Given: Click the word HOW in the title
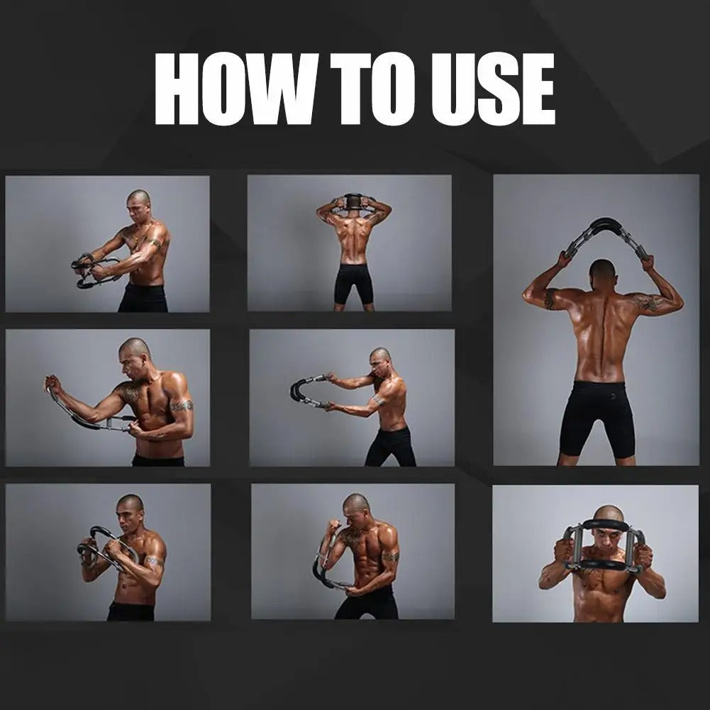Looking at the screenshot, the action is click(x=234, y=89).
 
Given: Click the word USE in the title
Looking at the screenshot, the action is click(x=493, y=89).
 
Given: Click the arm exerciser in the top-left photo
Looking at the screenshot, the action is click(x=94, y=271).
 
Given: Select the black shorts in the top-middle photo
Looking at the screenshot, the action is click(x=354, y=284).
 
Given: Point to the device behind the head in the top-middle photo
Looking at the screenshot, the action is click(x=353, y=200).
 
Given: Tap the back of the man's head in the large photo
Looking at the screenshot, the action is click(x=602, y=274).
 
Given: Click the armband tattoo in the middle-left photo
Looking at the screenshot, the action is click(x=182, y=405).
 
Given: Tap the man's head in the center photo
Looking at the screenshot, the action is click(x=379, y=361).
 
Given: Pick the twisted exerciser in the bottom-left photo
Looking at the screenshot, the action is click(x=107, y=548).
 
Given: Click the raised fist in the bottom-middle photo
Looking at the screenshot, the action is click(x=334, y=527).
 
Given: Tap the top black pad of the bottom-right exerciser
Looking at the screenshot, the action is click(x=605, y=525).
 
